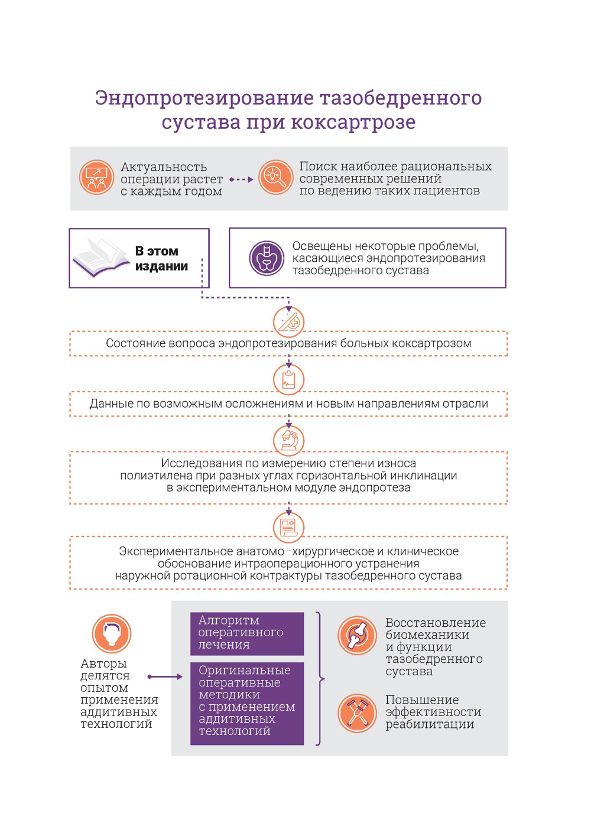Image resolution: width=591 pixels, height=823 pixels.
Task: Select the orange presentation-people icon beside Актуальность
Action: [96, 178]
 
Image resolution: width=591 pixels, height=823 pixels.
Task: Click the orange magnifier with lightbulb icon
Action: [275, 177]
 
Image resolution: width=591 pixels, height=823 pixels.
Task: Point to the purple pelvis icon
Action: [267, 258]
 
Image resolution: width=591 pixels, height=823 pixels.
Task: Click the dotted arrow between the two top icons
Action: [241, 179]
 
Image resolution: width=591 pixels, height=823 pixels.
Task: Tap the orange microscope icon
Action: [288, 440]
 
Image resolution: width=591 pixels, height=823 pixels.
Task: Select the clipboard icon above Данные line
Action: [288, 379]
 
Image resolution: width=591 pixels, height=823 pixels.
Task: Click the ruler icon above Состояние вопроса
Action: [288, 322]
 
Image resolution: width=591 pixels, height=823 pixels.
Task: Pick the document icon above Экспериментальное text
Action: [288, 526]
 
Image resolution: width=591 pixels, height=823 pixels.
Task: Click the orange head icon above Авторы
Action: [111, 633]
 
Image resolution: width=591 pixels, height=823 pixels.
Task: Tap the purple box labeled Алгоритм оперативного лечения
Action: [247, 633]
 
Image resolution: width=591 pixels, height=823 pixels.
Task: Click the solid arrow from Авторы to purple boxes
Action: [165, 676]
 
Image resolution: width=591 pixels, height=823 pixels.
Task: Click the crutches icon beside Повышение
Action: [357, 713]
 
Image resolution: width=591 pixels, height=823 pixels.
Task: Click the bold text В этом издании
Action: [161, 259]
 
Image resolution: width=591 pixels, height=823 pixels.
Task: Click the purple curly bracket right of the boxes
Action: [320, 679]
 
